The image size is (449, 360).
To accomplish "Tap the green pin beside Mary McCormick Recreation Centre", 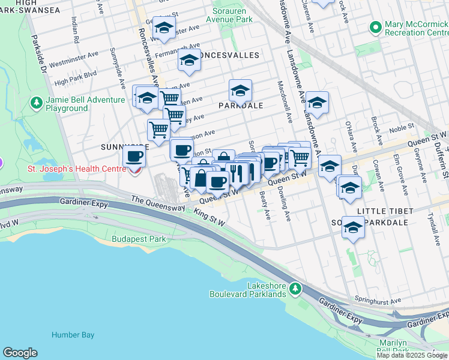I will tap(376, 28).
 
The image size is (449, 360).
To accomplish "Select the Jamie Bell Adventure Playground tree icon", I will tap(37, 104).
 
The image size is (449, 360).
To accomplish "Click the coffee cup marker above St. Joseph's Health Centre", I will tap(134, 157).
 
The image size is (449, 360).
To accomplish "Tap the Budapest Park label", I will tap(138, 239).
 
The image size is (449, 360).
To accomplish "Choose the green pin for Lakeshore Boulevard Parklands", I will tap(295, 289).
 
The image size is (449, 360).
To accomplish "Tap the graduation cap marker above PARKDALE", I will tap(240, 91).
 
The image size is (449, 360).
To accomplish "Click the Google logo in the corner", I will tap(20, 353).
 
